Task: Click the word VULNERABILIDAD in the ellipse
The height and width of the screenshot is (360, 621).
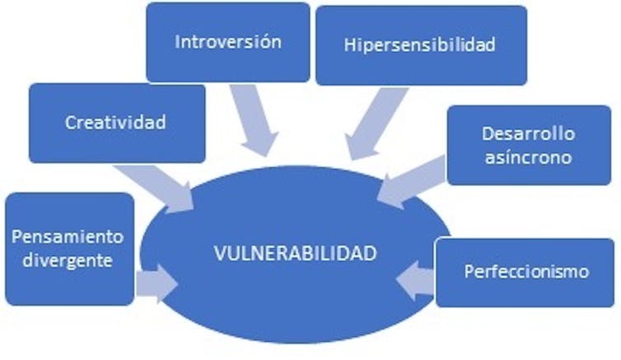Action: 295,254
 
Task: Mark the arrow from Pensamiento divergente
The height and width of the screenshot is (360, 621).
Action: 157,284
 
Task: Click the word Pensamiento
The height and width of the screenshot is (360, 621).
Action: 68,237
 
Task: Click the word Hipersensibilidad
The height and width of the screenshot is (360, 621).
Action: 421,44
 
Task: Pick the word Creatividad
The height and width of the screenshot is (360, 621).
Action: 116,123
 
